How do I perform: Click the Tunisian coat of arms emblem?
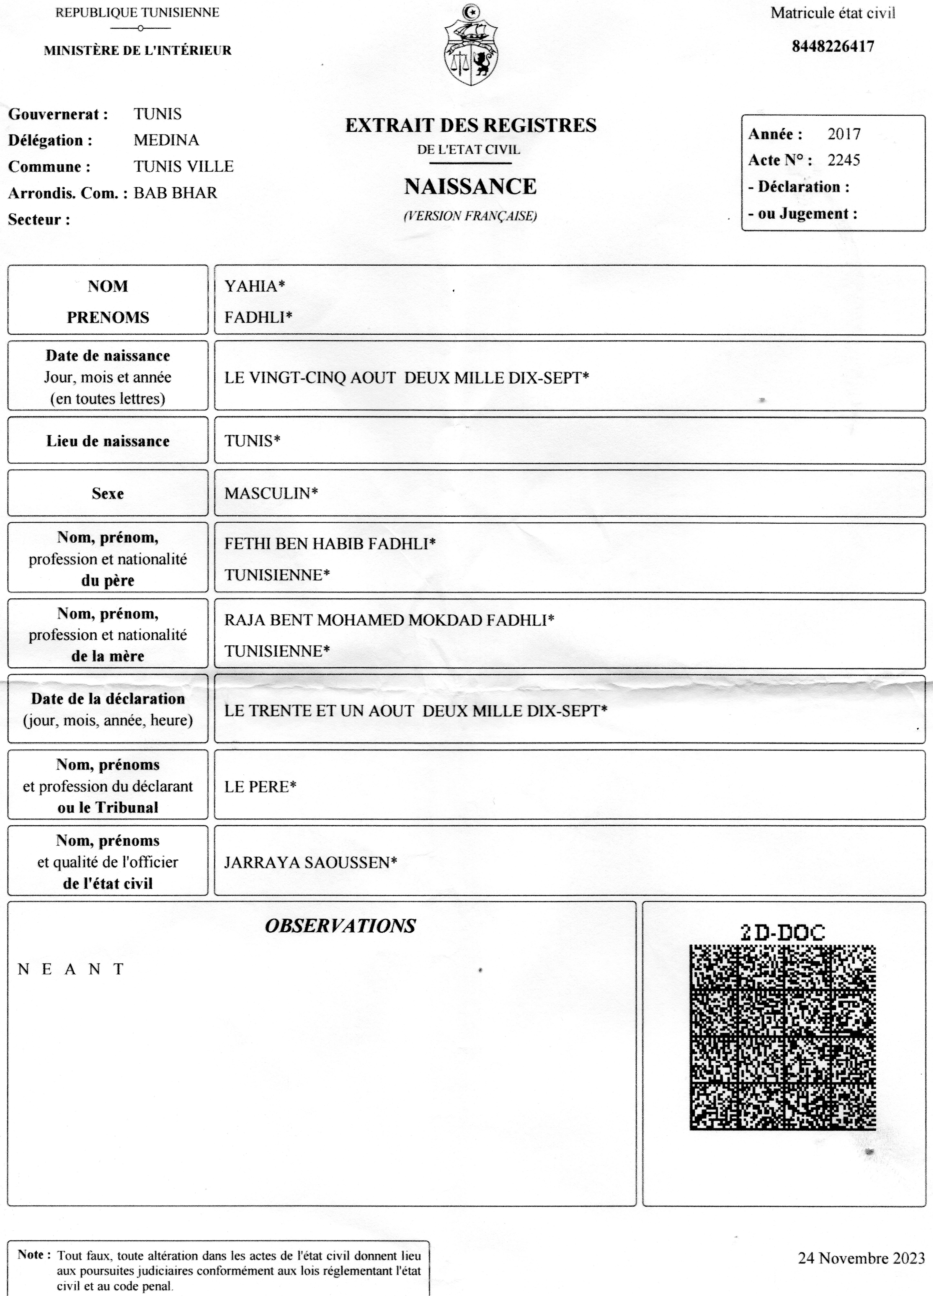[x=470, y=46]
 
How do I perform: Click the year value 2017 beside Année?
[x=844, y=134]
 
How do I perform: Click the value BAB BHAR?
[x=175, y=193]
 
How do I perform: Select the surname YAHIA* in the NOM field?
[x=254, y=286]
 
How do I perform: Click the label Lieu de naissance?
[x=108, y=441]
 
